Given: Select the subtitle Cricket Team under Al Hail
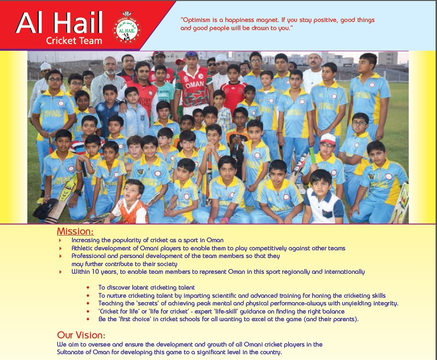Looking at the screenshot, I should click(74, 41).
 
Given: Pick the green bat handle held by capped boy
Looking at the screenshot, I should click(312, 155).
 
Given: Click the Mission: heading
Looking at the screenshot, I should click(75, 231).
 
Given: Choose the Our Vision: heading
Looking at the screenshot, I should click(81, 335).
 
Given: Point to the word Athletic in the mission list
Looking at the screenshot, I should click(83, 248).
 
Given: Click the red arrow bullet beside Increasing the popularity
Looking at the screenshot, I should click(60, 240).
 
